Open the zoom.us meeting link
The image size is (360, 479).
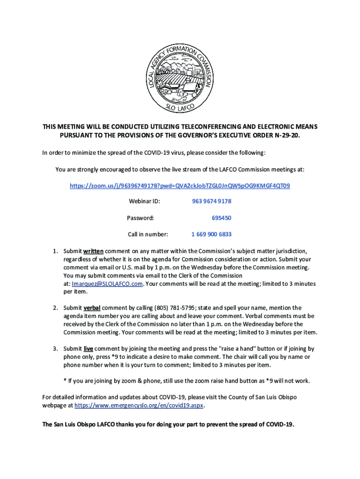pos(180,186)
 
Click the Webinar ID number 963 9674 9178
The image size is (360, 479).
pos(211,202)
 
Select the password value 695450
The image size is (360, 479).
pos(221,218)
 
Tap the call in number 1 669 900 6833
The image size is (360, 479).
pos(211,234)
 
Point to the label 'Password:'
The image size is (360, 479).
pos(140,218)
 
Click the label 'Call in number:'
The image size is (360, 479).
pos(148,234)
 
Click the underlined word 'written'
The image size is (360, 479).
pos(94,251)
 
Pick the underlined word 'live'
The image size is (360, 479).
pos(88,348)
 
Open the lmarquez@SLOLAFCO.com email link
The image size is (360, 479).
pos(107,283)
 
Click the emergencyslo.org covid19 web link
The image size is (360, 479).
pos(139,406)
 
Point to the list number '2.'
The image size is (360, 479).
pos(55,308)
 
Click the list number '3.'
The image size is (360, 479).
pos(55,348)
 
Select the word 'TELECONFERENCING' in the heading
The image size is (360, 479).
pos(196,127)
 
